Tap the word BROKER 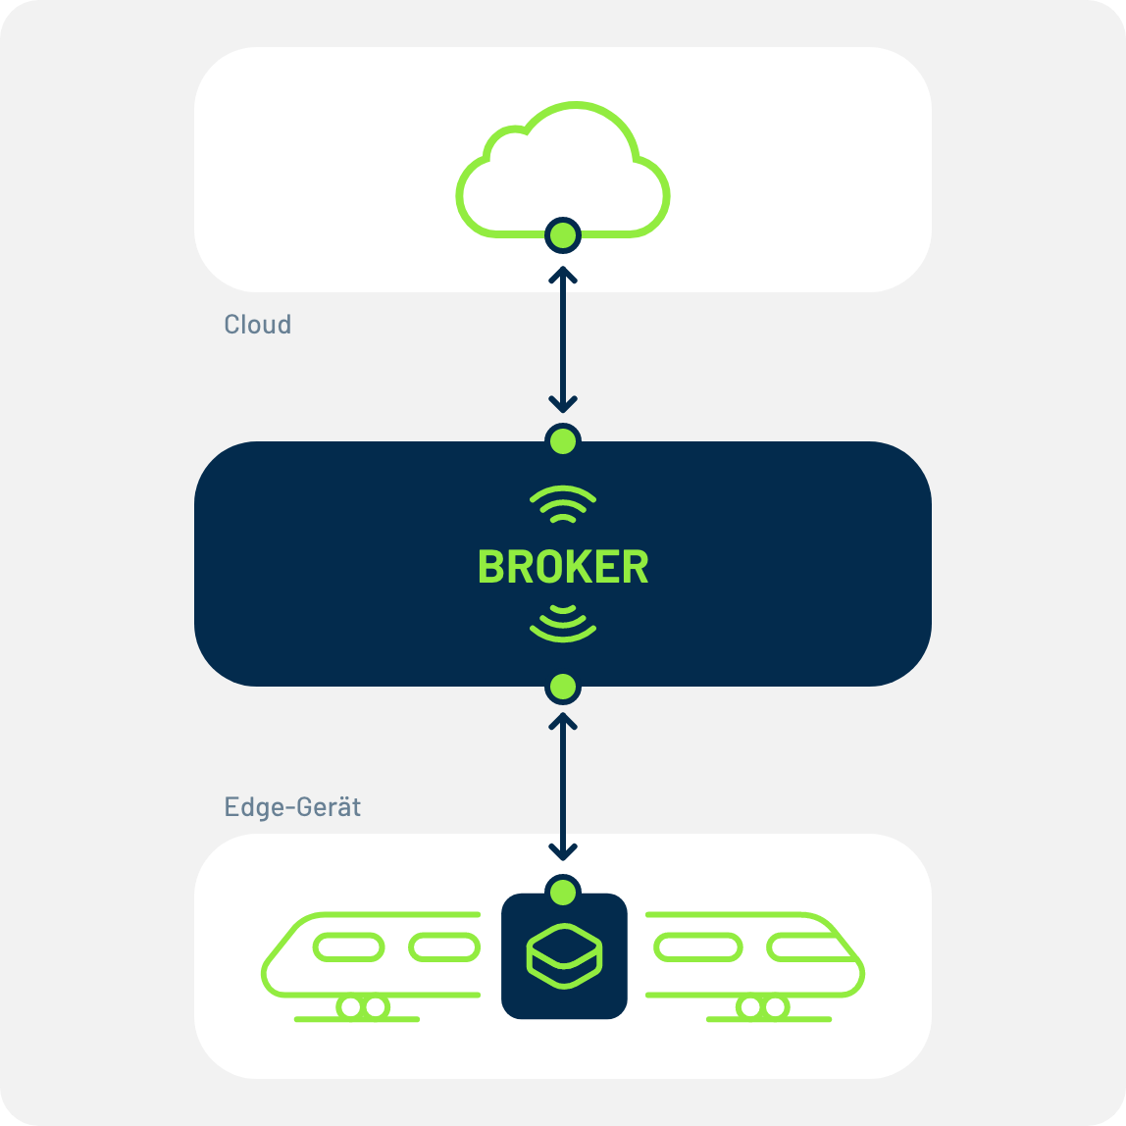pyautogui.click(x=563, y=567)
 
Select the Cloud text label pyautogui.click(x=257, y=325)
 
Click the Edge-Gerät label pyautogui.click(x=292, y=807)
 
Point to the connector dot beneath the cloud pyautogui.click(x=563, y=235)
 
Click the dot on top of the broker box pyautogui.click(x=563, y=439)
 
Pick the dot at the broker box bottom pyautogui.click(x=563, y=688)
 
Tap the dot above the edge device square pyautogui.click(x=563, y=893)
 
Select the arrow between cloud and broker pyautogui.click(x=563, y=337)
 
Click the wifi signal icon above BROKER pyautogui.click(x=563, y=504)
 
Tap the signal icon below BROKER pyautogui.click(x=563, y=624)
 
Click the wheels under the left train pyautogui.click(x=361, y=1007)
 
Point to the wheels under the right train pyautogui.click(x=762, y=1007)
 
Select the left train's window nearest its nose pyautogui.click(x=347, y=947)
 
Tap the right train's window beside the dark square pyautogui.click(x=697, y=947)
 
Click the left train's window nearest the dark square pyautogui.click(x=444, y=947)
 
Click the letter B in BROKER pyautogui.click(x=489, y=567)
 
